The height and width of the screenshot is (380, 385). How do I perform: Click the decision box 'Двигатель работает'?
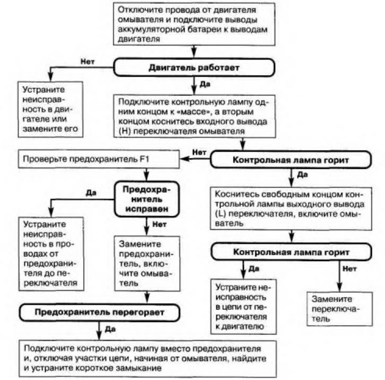tap(194, 67)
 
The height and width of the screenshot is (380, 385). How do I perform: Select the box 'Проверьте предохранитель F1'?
tap(99, 159)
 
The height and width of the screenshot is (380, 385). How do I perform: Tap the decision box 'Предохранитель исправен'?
tap(147, 199)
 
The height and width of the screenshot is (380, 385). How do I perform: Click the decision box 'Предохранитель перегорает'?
tap(99, 313)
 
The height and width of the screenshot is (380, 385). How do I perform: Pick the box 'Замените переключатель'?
tap(339, 309)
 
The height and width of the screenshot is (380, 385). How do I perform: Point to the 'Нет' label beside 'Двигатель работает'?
tap(88, 62)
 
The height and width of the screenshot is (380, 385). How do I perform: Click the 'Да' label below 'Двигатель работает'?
tap(205, 85)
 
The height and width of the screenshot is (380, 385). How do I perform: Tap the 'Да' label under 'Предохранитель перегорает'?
tap(110, 330)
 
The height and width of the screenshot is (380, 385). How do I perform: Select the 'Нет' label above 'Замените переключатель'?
tap(349, 268)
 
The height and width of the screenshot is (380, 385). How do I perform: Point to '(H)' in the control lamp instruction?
tap(124, 131)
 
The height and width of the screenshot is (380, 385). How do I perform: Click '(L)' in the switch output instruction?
tap(220, 214)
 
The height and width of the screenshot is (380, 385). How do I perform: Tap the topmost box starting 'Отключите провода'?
tap(194, 24)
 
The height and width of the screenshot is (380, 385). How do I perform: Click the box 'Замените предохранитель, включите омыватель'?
tap(147, 264)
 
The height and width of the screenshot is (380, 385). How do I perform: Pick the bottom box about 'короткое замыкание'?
tap(148, 359)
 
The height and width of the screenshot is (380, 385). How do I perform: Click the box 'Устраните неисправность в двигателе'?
tap(50, 109)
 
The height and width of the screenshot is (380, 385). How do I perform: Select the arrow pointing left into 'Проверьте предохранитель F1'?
tap(195, 159)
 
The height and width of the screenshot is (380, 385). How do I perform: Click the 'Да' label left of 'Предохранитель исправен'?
tap(91, 193)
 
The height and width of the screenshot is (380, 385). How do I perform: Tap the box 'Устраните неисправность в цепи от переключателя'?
tap(243, 307)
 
